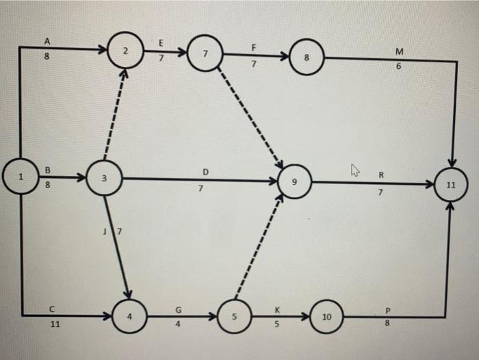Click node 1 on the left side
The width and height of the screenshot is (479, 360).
click(x=21, y=177)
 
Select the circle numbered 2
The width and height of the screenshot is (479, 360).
click(x=125, y=51)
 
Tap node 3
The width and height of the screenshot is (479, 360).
click(x=104, y=179)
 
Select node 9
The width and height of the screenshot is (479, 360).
click(x=295, y=183)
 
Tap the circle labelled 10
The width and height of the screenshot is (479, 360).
click(x=327, y=318)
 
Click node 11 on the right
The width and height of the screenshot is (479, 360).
click(x=450, y=185)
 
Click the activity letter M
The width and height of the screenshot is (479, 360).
click(x=400, y=52)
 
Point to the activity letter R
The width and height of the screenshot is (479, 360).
click(x=381, y=175)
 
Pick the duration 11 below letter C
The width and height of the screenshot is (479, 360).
click(x=53, y=324)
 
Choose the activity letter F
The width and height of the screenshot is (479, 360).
click(x=254, y=48)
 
